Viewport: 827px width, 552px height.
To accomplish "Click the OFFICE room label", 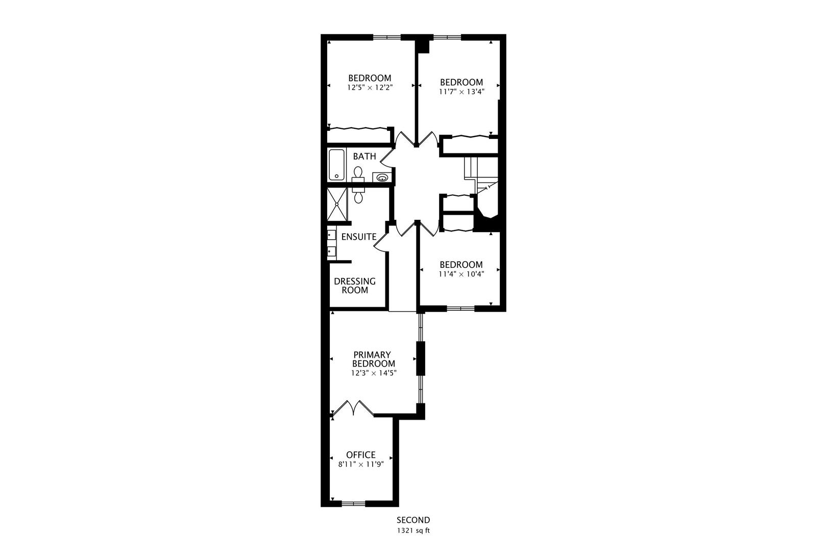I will (x=360, y=455).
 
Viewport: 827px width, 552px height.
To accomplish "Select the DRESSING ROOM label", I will (x=354, y=286).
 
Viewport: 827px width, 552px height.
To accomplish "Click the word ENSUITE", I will (x=358, y=237).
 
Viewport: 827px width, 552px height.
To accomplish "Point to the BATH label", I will (x=364, y=156).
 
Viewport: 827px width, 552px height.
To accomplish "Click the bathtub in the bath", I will (x=336, y=164).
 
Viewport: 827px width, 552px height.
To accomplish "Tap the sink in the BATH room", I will (x=381, y=177).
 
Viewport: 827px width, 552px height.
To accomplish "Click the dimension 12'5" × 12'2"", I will (x=369, y=87).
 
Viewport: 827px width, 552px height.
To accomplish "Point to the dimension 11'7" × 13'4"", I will (x=461, y=92).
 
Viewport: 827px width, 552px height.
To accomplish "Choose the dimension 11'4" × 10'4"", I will (x=461, y=274).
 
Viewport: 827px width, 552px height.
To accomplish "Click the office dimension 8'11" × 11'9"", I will (x=360, y=465).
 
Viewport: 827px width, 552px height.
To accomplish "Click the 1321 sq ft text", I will (x=413, y=531).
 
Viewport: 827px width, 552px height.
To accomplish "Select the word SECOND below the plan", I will (x=413, y=520).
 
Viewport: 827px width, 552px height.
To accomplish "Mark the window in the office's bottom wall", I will (x=353, y=504).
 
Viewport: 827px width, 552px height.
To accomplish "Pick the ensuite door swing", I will (x=381, y=241).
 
